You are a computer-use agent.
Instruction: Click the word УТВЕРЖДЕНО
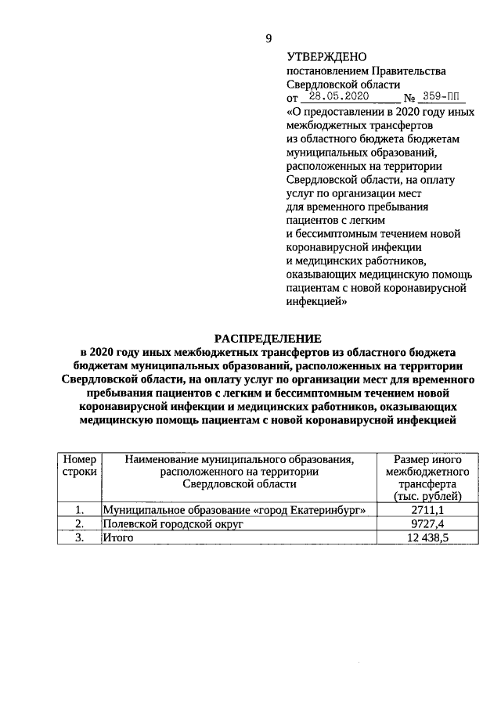pos(322,57)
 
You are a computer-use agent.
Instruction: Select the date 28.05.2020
pos(338,97)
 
